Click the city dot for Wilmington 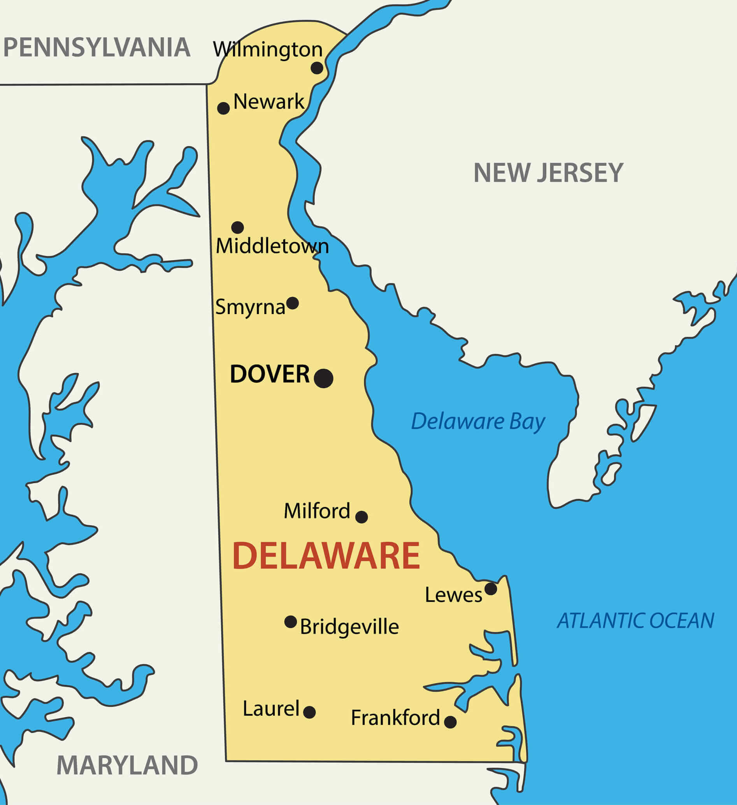pyautogui.click(x=316, y=68)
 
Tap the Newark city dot pyautogui.click(x=223, y=108)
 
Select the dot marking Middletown pyautogui.click(x=237, y=228)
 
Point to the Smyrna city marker pyautogui.click(x=293, y=303)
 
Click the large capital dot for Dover pyautogui.click(x=323, y=378)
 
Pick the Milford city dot pyautogui.click(x=361, y=517)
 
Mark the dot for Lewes pyautogui.click(x=490, y=589)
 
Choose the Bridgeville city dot pyautogui.click(x=291, y=622)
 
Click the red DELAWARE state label pyautogui.click(x=326, y=556)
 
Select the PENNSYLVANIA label pyautogui.click(x=97, y=47)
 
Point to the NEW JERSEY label pyautogui.click(x=548, y=173)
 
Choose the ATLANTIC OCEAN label pyautogui.click(x=635, y=620)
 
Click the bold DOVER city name pyautogui.click(x=270, y=375)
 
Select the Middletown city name pyautogui.click(x=272, y=246)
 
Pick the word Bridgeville pyautogui.click(x=349, y=627)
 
